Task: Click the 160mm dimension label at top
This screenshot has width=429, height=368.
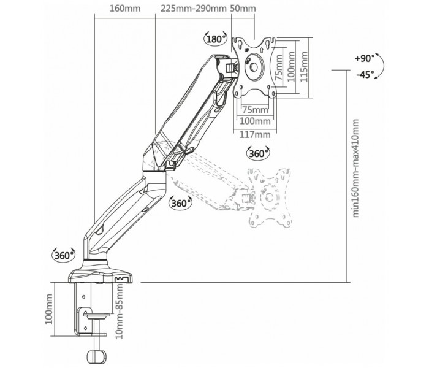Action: coord(125,8)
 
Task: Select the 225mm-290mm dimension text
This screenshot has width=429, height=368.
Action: coord(194,8)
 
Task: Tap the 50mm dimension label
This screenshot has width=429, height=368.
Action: coord(243,8)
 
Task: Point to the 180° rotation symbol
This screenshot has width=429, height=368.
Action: coord(216,39)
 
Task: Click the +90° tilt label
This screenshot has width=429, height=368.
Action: coord(365,58)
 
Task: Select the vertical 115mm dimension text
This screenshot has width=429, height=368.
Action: coord(304,66)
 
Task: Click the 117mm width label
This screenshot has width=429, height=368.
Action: coord(255,134)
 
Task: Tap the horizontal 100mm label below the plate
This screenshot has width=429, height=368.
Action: coord(255,121)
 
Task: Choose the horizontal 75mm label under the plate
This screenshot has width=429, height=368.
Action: coord(256,110)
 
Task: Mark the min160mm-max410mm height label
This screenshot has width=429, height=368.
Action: coord(355,168)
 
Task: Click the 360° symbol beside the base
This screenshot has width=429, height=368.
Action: coord(64,256)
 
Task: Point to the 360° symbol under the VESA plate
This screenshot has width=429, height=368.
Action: coord(258,153)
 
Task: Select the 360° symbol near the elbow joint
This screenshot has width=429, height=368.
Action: coord(181,203)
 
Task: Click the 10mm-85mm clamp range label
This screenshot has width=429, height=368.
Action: coord(120,312)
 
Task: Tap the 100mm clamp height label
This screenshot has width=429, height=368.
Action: coord(49,309)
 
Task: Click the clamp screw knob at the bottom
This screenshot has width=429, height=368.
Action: coord(97,356)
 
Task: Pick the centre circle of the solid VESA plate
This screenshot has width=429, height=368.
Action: coord(254,67)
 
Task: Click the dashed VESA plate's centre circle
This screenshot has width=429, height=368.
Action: coord(270,197)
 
